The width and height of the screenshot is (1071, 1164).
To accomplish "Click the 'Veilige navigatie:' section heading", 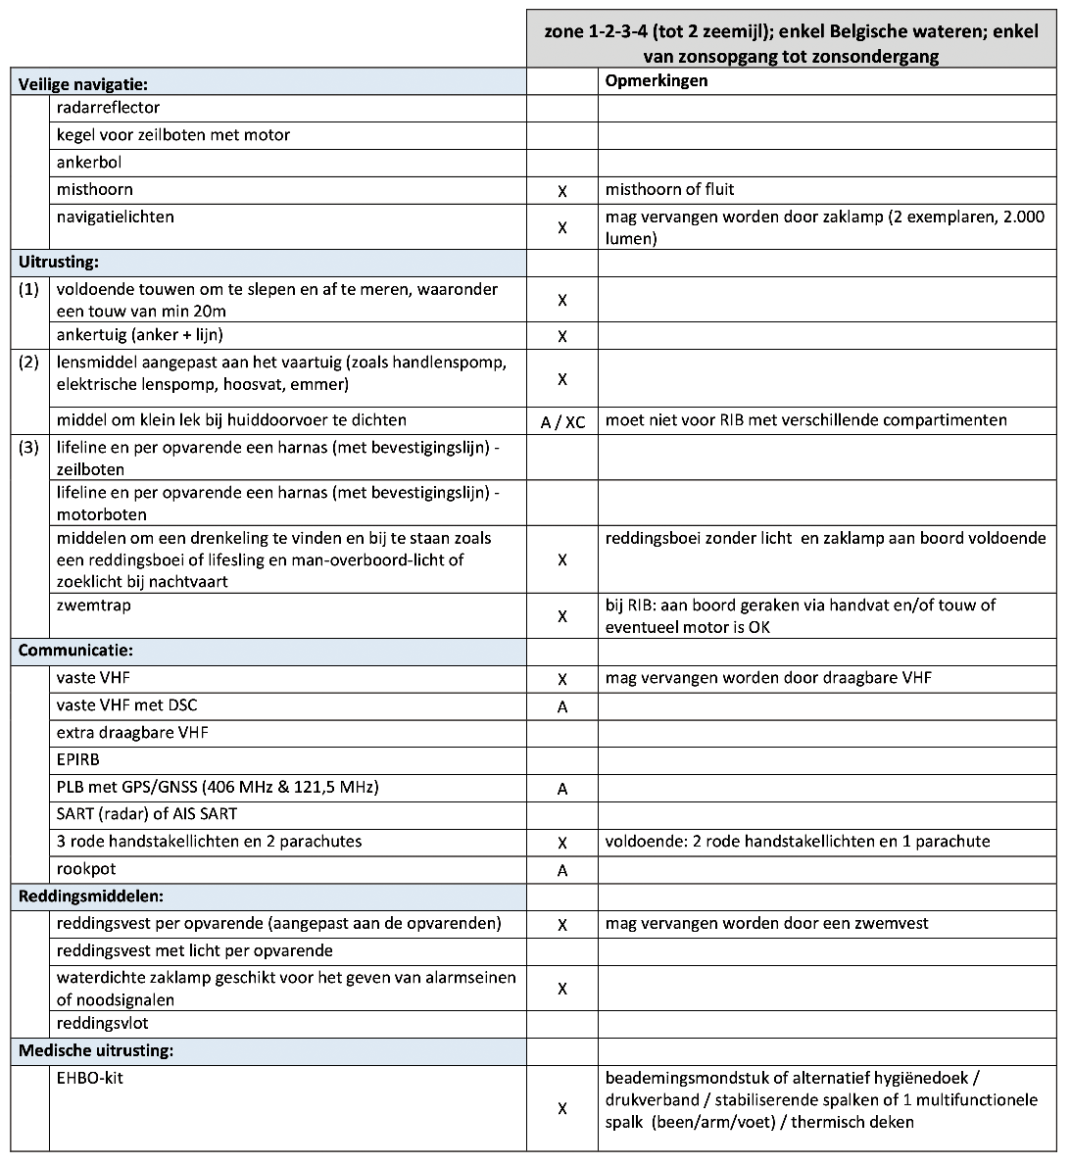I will (x=83, y=85).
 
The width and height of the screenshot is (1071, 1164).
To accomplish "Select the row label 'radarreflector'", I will (x=108, y=108).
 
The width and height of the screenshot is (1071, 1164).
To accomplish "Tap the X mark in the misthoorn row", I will (x=562, y=192).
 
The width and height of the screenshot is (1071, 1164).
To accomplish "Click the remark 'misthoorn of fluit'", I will (x=669, y=190).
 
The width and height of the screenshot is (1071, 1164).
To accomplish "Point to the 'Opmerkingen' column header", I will (x=656, y=81).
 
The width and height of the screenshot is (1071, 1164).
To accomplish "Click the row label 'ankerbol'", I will (x=89, y=163).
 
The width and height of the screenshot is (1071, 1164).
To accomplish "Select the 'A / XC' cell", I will (x=562, y=422).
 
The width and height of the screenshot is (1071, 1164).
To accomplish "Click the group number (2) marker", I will (x=29, y=362).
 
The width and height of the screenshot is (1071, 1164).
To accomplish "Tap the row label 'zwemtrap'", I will (x=94, y=606).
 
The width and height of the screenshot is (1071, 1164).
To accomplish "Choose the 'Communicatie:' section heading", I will (x=75, y=651).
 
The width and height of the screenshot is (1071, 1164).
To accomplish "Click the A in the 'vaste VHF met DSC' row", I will (x=562, y=706).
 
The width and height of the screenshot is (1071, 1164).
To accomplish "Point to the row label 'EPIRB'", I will (x=78, y=759).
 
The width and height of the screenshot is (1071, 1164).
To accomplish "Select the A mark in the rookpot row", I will (x=562, y=870).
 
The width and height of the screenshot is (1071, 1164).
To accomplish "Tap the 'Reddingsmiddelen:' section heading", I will (x=90, y=896).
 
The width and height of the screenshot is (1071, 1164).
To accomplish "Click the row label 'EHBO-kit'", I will (x=90, y=1079).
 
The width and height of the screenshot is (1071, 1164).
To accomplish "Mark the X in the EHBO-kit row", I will (x=562, y=1108).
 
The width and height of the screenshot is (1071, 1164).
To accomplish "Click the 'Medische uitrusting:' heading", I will (x=96, y=1051).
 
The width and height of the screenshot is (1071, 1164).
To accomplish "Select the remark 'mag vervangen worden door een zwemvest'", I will (x=766, y=923).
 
